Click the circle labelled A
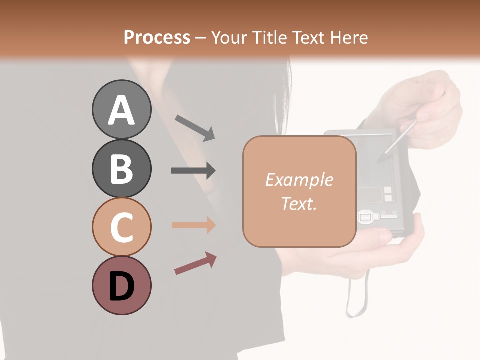[121, 110]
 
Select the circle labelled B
[121, 169]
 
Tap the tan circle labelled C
[121, 227]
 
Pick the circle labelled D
[121, 286]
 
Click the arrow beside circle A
[195, 127]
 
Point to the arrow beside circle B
[193, 171]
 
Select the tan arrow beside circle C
[193, 225]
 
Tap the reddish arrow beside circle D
[195, 263]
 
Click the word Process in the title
[157, 38]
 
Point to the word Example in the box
[299, 180]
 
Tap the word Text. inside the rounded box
[299, 203]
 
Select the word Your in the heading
[231, 38]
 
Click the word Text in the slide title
[305, 38]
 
